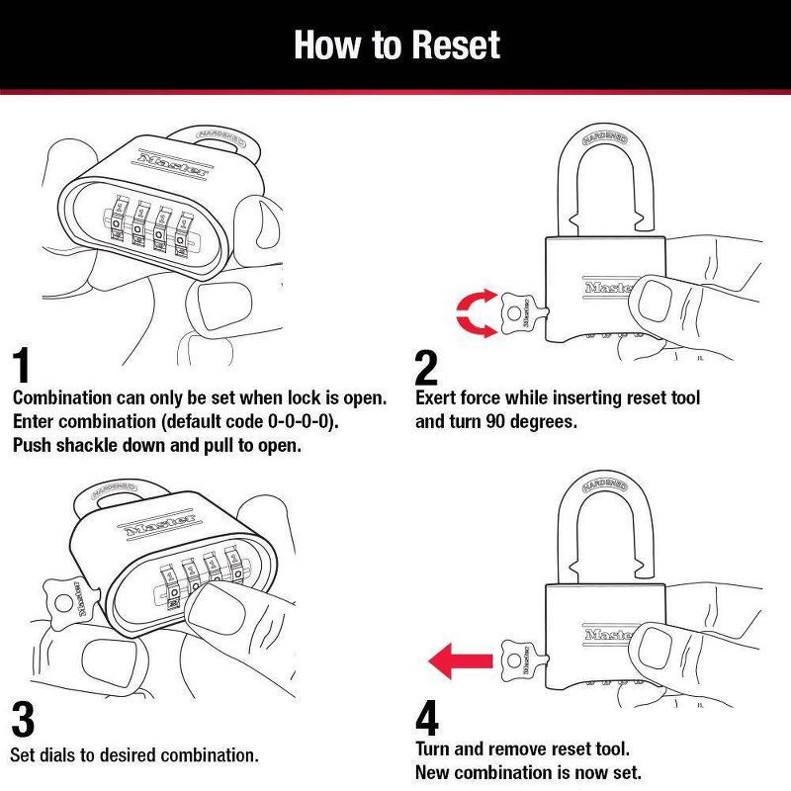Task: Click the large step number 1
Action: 22,365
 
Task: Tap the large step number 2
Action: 426,368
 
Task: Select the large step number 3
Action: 22,719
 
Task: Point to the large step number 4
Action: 427,720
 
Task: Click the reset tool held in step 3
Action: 71,599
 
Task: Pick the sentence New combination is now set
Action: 529,771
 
